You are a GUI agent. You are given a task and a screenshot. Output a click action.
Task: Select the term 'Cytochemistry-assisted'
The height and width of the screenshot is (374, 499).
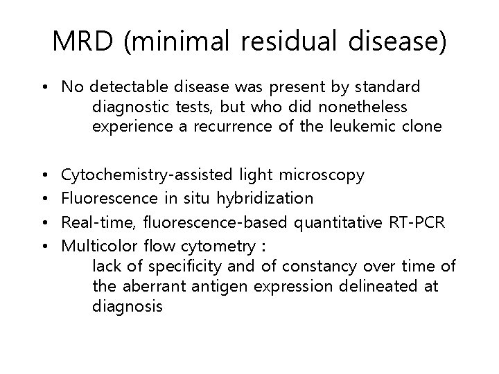(x=147, y=175)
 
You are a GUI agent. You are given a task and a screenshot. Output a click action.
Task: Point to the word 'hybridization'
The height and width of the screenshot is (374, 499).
(x=265, y=198)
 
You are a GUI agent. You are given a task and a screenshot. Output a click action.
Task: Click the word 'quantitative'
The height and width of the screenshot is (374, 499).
(x=327, y=222)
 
